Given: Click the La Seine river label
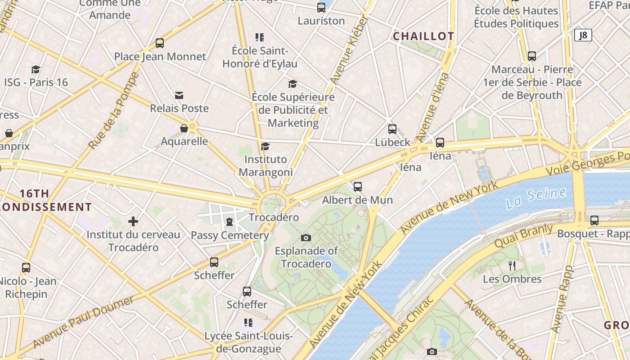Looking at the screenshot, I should click(535, 198).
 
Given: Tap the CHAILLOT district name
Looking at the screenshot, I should click(423, 36).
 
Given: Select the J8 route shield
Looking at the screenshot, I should click(583, 35).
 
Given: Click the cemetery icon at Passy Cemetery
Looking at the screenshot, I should click(229, 222).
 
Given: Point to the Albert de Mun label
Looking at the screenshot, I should click(357, 200).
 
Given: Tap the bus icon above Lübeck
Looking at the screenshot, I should click(392, 129).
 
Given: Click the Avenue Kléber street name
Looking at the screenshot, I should click(349, 50).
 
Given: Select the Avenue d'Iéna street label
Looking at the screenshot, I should click(432, 107).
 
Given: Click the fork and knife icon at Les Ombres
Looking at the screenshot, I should click(512, 266).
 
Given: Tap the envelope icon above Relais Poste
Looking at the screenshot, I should click(179, 95).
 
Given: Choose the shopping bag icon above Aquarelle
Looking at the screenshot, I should click(184, 129).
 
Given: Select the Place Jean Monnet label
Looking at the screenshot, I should click(160, 57).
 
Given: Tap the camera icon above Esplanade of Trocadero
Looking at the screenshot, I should click(306, 238).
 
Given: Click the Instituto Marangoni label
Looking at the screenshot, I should click(265, 166).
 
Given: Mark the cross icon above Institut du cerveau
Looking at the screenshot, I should click(133, 221).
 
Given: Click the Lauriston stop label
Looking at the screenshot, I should click(321, 21).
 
